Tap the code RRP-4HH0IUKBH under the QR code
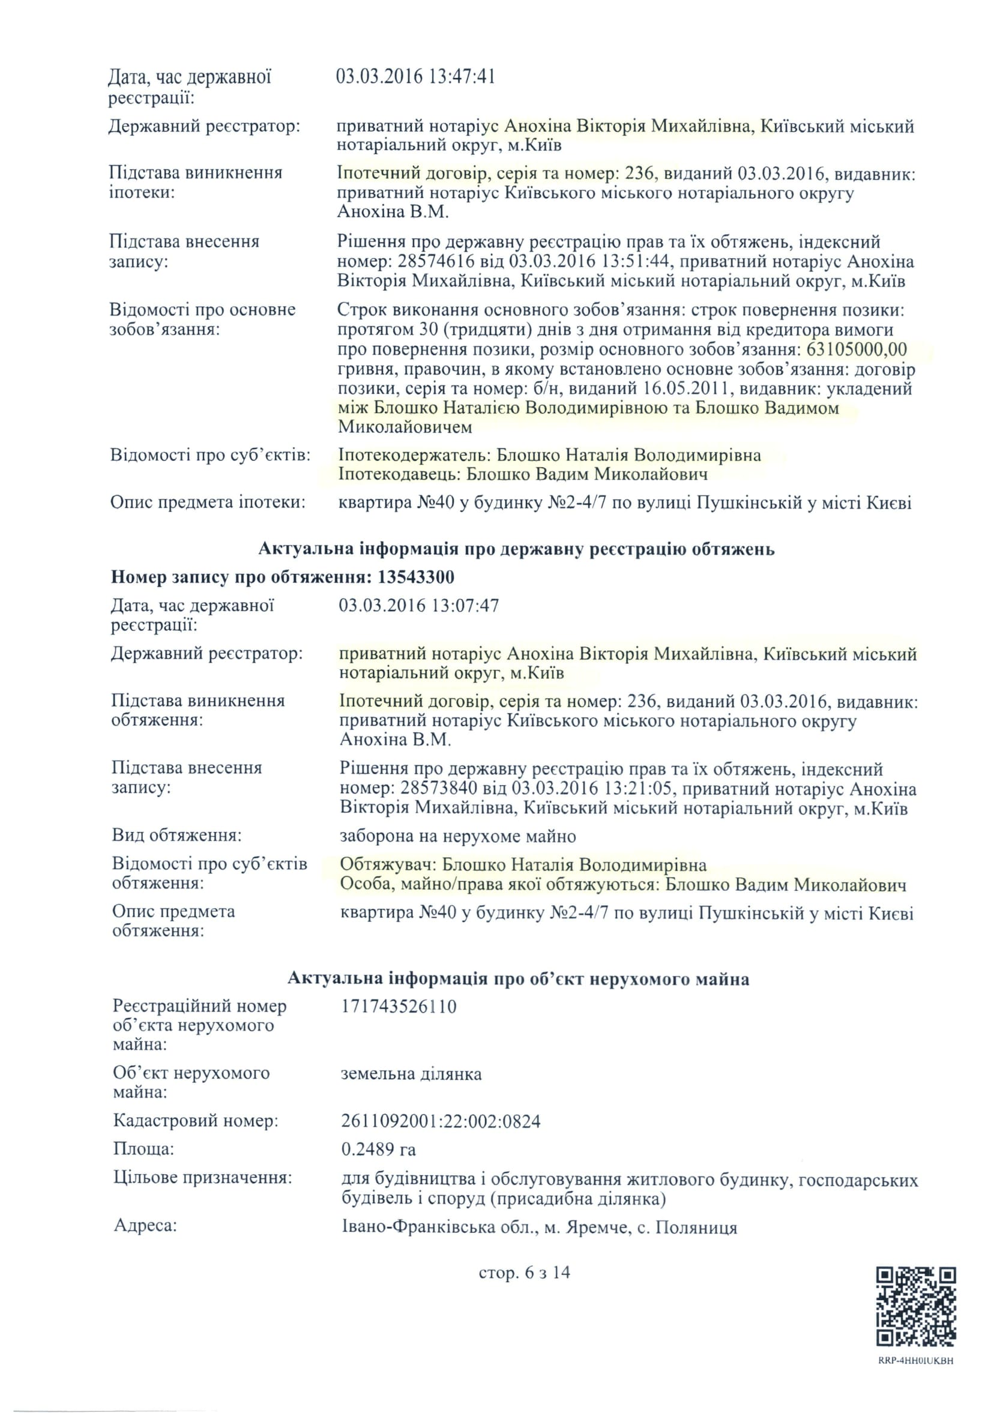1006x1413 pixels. click(x=915, y=1361)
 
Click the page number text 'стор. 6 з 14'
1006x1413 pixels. click(x=524, y=1273)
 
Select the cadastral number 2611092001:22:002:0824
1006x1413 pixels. click(x=441, y=1121)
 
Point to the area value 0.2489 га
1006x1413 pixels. click(x=379, y=1149)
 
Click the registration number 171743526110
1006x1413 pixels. click(x=399, y=1007)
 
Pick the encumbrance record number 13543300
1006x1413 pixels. click(x=415, y=577)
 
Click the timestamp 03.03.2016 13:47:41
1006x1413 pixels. click(x=415, y=77)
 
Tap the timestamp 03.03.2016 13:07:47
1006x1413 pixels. click(x=419, y=605)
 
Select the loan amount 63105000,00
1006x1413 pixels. click(x=857, y=350)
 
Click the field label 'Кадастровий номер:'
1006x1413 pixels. click(x=196, y=1121)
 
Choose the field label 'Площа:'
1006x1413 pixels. click(x=143, y=1149)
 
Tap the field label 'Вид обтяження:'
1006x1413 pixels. click(x=177, y=835)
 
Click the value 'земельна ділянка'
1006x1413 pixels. click(x=411, y=1073)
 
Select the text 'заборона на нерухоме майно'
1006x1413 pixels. click(x=458, y=836)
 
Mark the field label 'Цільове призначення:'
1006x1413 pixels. click(x=202, y=1177)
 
